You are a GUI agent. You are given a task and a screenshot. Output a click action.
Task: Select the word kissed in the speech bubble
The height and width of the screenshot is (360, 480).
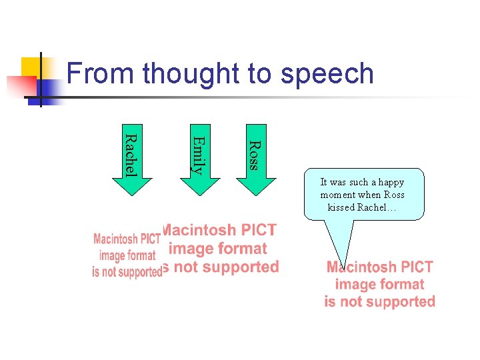(x=341, y=207)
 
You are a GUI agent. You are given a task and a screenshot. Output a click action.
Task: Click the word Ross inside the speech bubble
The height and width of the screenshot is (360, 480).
(x=393, y=195)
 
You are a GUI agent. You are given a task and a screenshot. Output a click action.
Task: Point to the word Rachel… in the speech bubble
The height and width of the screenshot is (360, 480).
(x=377, y=207)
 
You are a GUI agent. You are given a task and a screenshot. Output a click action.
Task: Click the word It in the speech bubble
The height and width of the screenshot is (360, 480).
(x=324, y=182)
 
